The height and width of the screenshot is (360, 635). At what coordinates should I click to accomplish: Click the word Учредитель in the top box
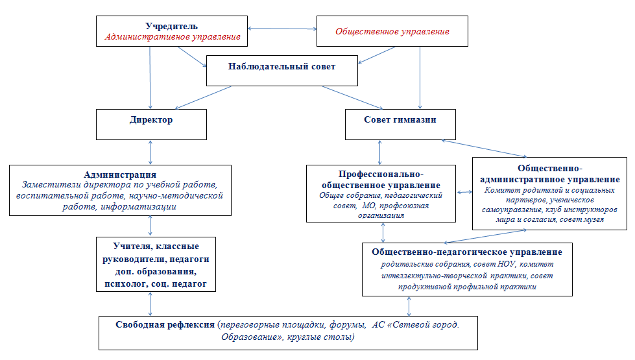pos(172,27)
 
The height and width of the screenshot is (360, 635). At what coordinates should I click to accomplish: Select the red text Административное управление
pos(173,37)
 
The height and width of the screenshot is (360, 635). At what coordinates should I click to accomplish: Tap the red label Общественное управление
pos(392,32)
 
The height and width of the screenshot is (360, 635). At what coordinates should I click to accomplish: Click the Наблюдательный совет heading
pos(282,66)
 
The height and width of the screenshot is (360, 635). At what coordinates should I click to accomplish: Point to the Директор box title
pos(151,120)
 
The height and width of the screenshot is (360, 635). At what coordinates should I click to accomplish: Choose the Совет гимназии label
pos(400,119)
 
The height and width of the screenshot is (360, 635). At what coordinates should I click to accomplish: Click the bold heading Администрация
pos(120,174)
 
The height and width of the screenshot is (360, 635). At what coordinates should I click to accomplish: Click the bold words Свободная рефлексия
pos(165,325)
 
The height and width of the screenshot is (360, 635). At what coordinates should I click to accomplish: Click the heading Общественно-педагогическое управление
pos(467,252)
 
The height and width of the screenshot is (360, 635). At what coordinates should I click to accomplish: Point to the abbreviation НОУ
pos(507,264)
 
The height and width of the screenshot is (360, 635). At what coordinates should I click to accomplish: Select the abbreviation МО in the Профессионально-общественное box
pos(368,206)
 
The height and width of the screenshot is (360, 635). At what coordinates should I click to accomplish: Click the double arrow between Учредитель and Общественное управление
pos(282,29)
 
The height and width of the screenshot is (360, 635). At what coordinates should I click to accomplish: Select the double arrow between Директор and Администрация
pos(150,152)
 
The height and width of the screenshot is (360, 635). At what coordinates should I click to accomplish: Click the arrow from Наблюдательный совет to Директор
pos(203,97)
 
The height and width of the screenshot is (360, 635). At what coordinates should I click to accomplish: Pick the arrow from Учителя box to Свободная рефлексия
pos(150,304)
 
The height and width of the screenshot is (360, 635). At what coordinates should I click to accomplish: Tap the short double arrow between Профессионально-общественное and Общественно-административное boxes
pos(464,192)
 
